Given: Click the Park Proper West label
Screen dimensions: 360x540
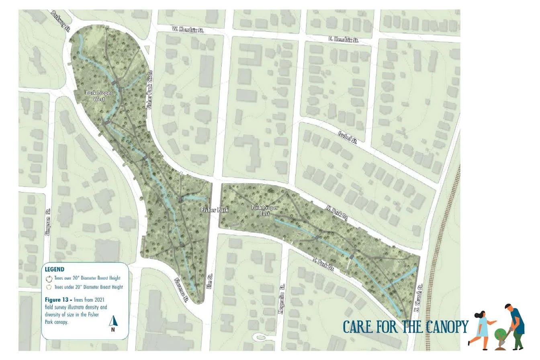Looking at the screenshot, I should [x=99, y=96].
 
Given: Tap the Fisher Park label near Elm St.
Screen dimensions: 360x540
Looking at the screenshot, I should [x=215, y=210].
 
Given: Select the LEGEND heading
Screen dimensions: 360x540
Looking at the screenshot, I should [x=55, y=269].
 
